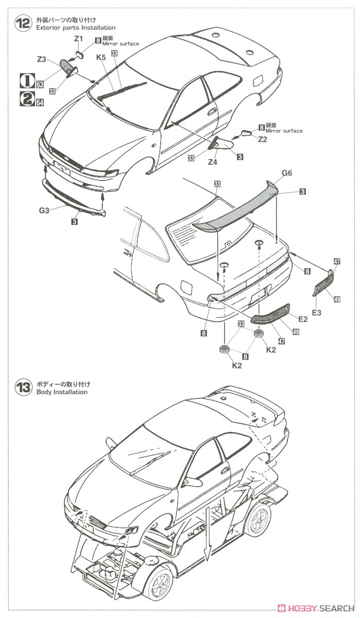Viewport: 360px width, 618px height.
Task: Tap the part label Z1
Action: coord(78,38)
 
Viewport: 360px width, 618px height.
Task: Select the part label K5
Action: coord(101,58)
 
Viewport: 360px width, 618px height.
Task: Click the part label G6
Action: coord(287,174)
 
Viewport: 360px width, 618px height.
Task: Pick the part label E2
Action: coord(302,319)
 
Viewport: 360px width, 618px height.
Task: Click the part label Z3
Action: coord(42,60)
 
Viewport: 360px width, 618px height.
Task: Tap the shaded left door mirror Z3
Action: coord(67,67)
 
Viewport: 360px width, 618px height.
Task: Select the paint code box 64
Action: coord(39,103)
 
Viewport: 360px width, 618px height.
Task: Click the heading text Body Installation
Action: coord(62,392)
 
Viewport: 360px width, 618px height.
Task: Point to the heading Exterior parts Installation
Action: coord(76,27)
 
